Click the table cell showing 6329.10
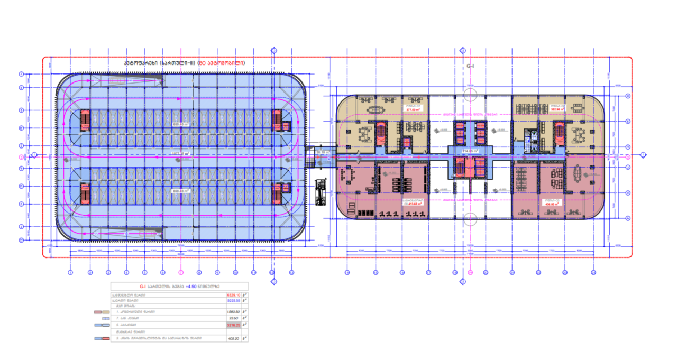(x=233, y=295)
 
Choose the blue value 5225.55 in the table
(x=233, y=301)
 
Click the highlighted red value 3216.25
(x=233, y=325)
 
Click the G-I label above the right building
(x=470, y=67)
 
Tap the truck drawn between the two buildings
(x=321, y=192)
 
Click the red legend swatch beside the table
(x=98, y=312)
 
